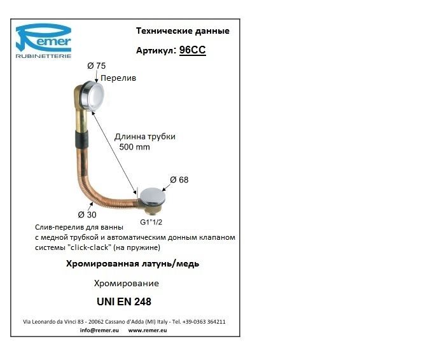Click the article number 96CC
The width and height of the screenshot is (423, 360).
coord(193,50)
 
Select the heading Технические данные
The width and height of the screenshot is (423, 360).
coord(183,31)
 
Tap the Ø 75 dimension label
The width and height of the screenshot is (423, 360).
coord(95,66)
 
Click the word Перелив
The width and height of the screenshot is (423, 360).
coord(119,78)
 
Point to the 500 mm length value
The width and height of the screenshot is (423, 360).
coord(134,147)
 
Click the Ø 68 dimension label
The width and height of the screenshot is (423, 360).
coord(179,179)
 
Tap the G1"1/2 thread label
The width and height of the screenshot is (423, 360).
coord(153,223)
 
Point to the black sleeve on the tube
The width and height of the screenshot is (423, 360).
coord(80,140)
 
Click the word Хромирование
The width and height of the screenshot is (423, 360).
coord(126,283)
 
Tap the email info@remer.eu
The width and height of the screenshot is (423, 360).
coord(99,331)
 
